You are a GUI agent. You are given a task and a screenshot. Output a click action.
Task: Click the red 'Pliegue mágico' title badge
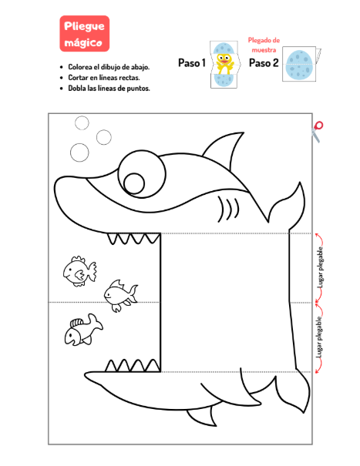[85, 34]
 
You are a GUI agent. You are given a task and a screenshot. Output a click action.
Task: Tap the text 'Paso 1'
[192, 63]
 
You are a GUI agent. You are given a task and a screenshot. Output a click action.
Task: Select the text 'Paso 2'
[264, 63]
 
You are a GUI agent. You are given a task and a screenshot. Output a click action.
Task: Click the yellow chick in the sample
[224, 64]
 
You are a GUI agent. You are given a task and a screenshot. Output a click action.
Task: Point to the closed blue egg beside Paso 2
[298, 64]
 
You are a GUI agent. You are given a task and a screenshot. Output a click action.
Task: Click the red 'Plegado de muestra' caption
[264, 45]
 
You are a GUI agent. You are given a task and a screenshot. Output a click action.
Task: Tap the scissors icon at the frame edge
[317, 132]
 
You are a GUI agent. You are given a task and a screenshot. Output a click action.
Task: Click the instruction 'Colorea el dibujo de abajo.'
[109, 67]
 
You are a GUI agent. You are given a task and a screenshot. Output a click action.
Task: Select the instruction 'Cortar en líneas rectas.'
[104, 78]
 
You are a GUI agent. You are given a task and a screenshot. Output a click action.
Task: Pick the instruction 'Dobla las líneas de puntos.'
[109, 89]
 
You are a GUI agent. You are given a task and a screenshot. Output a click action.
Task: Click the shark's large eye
[142, 174]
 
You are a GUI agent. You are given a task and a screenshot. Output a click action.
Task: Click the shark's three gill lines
[228, 208]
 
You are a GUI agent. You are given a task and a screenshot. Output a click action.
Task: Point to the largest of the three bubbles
[79, 153]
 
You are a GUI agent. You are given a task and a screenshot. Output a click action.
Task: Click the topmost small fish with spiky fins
[79, 271]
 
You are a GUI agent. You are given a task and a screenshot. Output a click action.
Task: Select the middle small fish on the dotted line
[121, 296]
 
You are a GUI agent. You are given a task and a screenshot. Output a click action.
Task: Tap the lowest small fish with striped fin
[83, 330]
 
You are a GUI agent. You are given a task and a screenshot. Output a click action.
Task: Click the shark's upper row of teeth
[133, 239]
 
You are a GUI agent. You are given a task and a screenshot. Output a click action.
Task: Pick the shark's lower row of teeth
[133, 366]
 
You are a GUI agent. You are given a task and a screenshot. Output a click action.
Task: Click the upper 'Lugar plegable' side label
[321, 267]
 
